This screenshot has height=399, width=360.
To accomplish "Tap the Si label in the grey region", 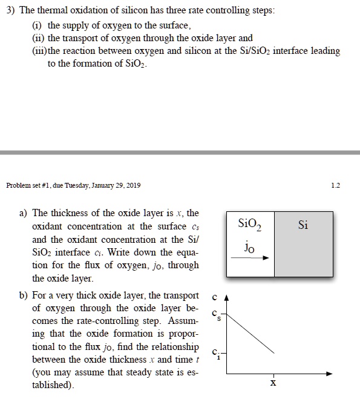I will [x=303, y=225].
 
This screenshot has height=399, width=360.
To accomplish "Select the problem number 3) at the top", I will [x=8, y=12].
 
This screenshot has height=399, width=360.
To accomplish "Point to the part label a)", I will [x=24, y=213].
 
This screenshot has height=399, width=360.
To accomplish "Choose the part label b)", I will [x=24, y=295].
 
